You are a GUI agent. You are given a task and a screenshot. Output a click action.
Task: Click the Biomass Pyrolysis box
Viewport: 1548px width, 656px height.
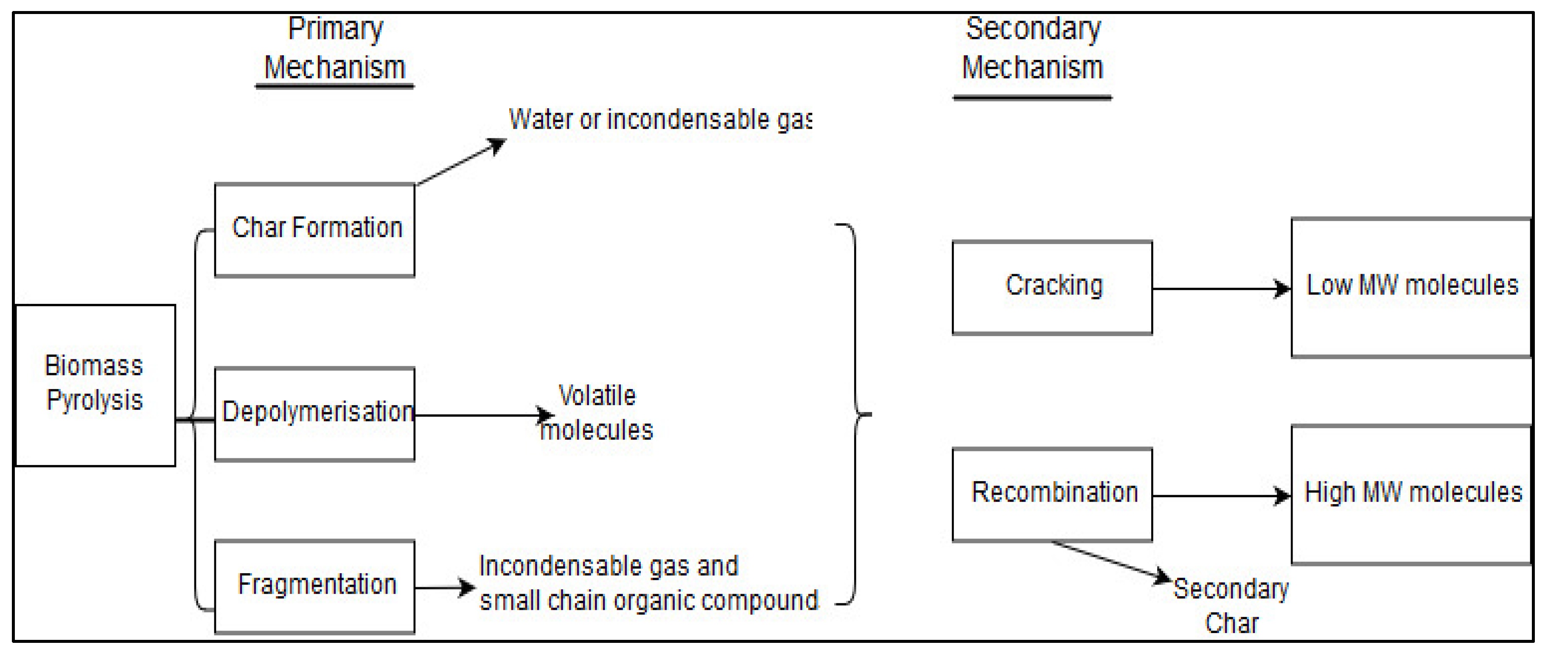[95, 384]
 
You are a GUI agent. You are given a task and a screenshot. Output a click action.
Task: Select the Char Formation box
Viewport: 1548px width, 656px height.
[314, 230]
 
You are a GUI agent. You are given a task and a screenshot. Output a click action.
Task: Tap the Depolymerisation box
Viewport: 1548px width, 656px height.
[314, 413]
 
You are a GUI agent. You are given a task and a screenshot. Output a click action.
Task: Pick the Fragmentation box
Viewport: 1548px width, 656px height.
[314, 586]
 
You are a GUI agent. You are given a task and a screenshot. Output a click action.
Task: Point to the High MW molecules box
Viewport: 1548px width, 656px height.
[1411, 494]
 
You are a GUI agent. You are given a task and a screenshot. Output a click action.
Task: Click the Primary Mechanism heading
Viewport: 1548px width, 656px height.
[335, 48]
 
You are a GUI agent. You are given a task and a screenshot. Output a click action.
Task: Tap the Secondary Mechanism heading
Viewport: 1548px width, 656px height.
[1032, 48]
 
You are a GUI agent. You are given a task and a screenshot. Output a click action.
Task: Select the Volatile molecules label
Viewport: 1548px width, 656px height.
[596, 413]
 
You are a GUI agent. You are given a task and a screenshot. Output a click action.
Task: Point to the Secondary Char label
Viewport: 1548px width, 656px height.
[1230, 606]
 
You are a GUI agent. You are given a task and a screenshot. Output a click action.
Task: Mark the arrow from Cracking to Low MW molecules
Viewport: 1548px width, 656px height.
[1220, 289]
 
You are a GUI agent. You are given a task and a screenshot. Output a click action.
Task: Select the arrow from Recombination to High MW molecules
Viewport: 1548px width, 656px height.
[1220, 496]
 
